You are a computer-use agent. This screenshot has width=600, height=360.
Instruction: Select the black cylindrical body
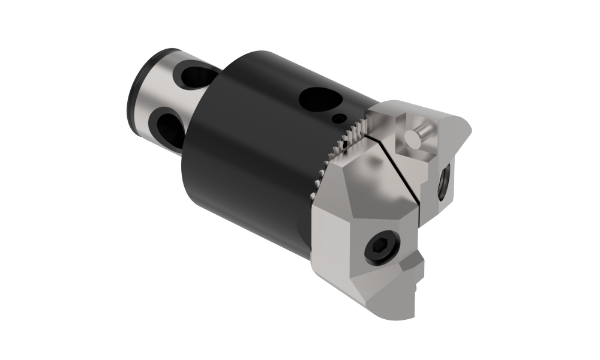pos(252,150)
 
